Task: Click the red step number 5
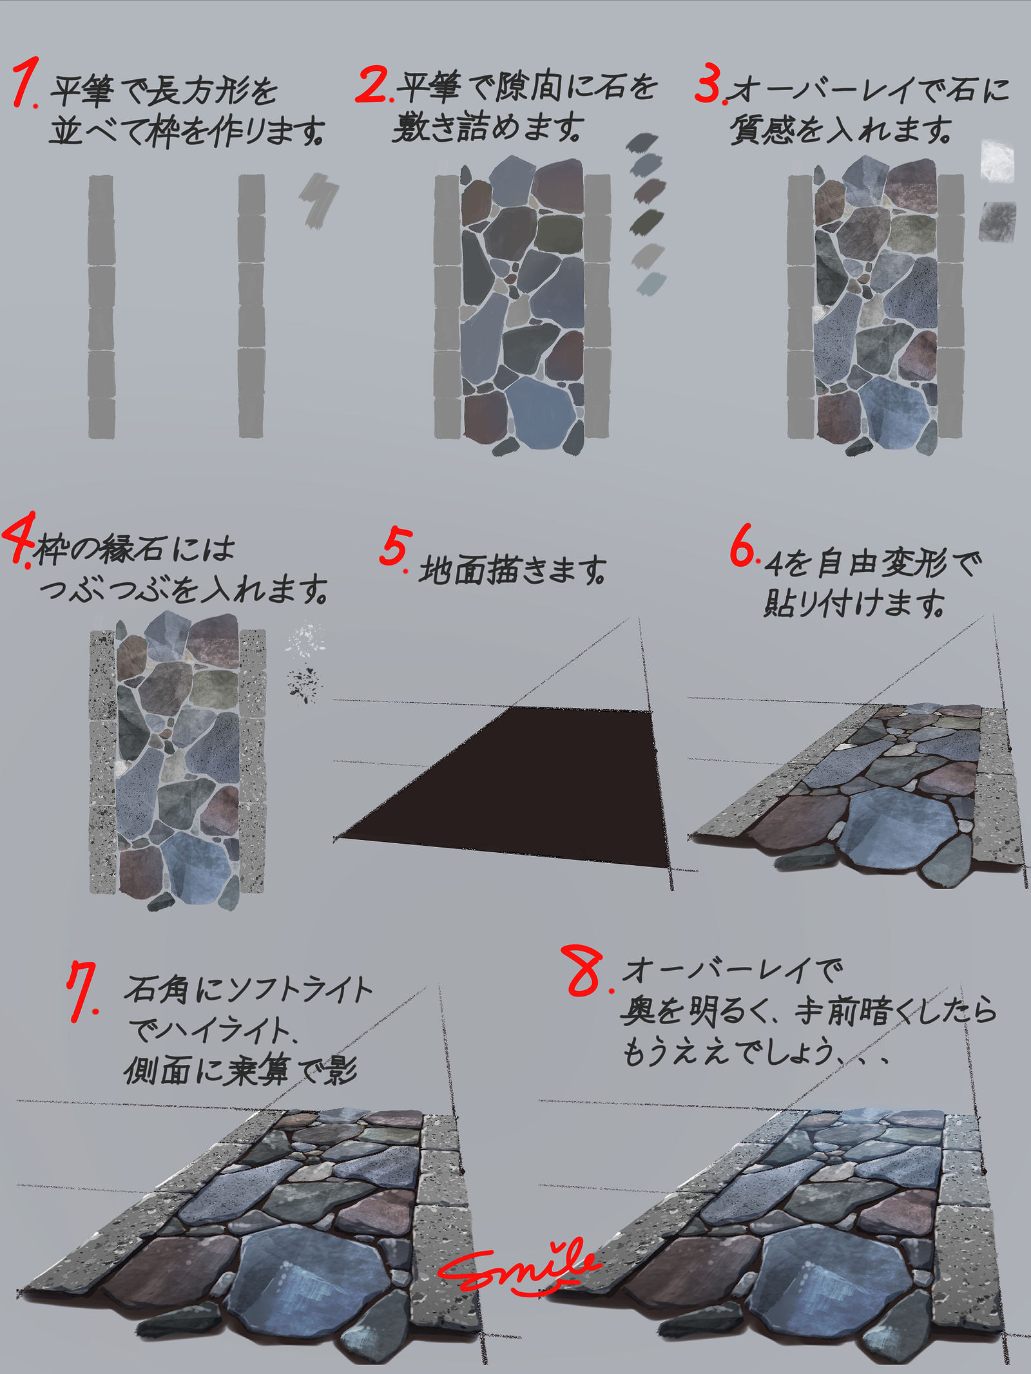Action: point(395,548)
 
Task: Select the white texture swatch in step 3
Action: point(997,161)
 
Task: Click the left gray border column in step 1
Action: point(101,307)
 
